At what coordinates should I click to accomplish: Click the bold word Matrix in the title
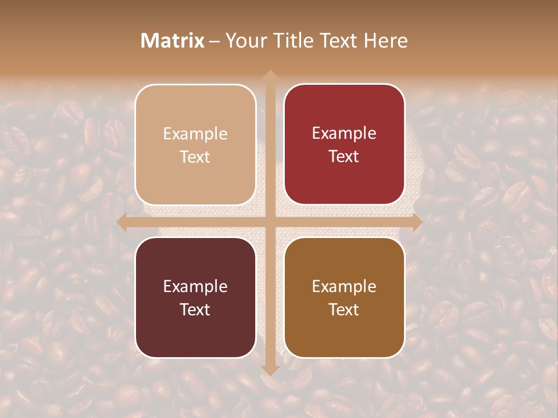pyautogui.click(x=173, y=41)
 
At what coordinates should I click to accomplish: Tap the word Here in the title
pyautogui.click(x=385, y=41)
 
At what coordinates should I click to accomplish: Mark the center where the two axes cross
pyautogui.click(x=270, y=222)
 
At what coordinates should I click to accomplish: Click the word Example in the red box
pyautogui.click(x=344, y=133)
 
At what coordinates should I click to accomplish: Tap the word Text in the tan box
pyautogui.click(x=195, y=157)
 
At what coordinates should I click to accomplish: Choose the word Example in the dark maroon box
pyautogui.click(x=195, y=286)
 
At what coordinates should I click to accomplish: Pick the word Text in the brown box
pyautogui.click(x=344, y=309)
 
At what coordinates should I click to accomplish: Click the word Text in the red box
pyautogui.click(x=344, y=156)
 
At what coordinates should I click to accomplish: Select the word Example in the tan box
pyautogui.click(x=195, y=134)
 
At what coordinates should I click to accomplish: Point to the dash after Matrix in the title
pyautogui.click(x=214, y=41)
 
